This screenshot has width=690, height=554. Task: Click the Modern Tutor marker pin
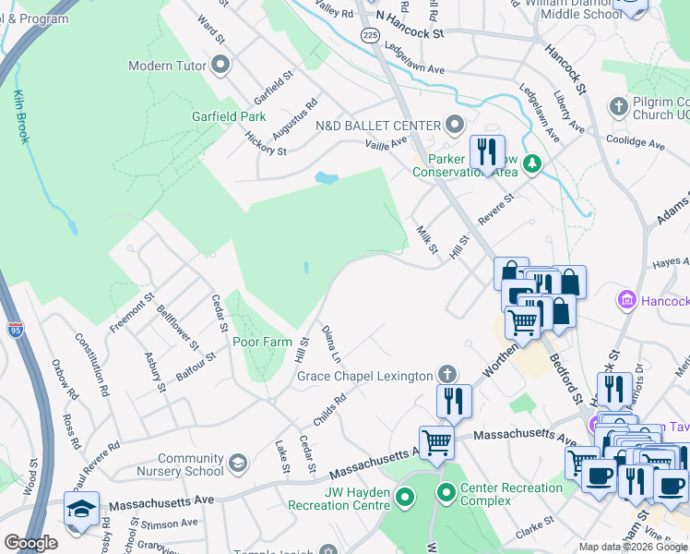[x=220, y=65]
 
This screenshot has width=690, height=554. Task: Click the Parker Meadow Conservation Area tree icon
[x=531, y=164]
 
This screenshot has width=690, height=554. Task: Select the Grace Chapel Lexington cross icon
[x=447, y=375]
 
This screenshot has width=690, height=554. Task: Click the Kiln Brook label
[x=21, y=116]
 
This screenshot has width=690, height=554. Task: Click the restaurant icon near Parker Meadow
[x=487, y=151]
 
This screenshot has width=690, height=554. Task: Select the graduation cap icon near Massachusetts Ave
[x=81, y=509]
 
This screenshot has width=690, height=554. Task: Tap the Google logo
[x=30, y=543]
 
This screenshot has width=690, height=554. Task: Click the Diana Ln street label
[x=330, y=343]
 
